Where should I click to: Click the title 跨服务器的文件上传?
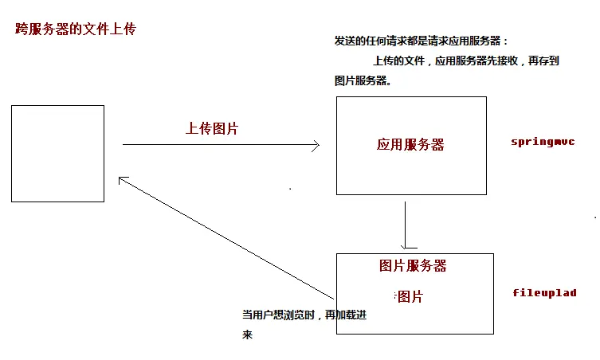click(76, 29)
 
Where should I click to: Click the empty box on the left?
click(57, 154)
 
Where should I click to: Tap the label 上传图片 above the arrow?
click(212, 128)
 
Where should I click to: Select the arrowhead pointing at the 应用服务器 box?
click(316, 145)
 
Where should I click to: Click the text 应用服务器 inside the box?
click(410, 144)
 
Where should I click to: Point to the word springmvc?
click(543, 142)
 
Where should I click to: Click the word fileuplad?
click(544, 293)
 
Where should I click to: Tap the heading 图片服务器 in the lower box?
click(413, 266)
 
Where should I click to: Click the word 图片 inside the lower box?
click(410, 297)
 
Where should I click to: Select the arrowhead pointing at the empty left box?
click(122, 180)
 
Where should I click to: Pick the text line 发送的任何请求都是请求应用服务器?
click(421, 41)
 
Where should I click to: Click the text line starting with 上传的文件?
click(465, 61)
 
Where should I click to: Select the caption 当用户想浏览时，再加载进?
click(304, 315)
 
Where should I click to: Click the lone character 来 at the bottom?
click(247, 335)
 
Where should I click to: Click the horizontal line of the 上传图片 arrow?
click(215, 145)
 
